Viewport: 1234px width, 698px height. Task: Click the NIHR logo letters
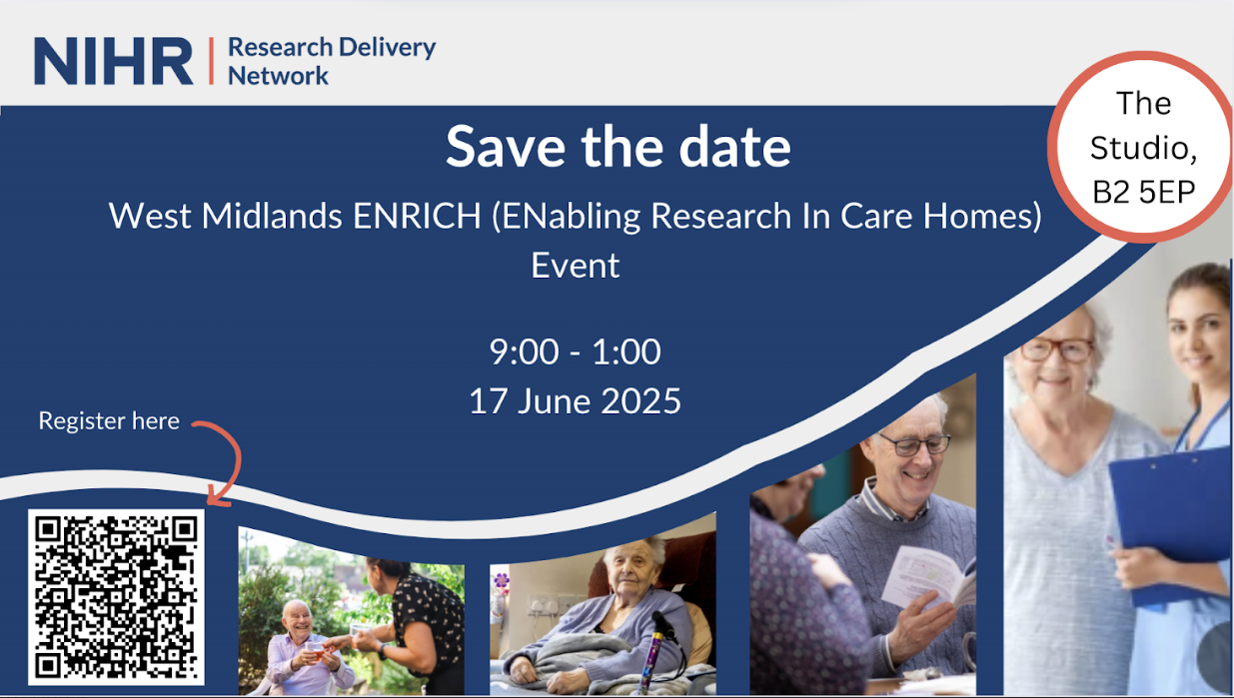point(114,61)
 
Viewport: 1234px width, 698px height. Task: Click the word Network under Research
point(278,76)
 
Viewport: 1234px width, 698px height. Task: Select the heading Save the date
point(618,147)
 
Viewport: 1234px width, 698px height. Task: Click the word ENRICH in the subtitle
point(417,216)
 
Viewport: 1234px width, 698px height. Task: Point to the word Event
point(576,266)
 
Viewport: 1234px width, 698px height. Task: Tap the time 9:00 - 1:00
point(576,351)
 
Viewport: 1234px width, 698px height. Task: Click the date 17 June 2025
point(576,400)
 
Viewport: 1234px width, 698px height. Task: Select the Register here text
point(109,421)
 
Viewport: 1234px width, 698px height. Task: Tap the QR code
point(116,597)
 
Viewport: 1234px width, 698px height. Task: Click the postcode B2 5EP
point(1144,192)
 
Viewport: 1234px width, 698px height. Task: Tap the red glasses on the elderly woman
point(1056,349)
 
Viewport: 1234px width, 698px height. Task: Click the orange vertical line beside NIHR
point(211,61)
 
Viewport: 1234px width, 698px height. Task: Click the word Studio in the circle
point(1144,148)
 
